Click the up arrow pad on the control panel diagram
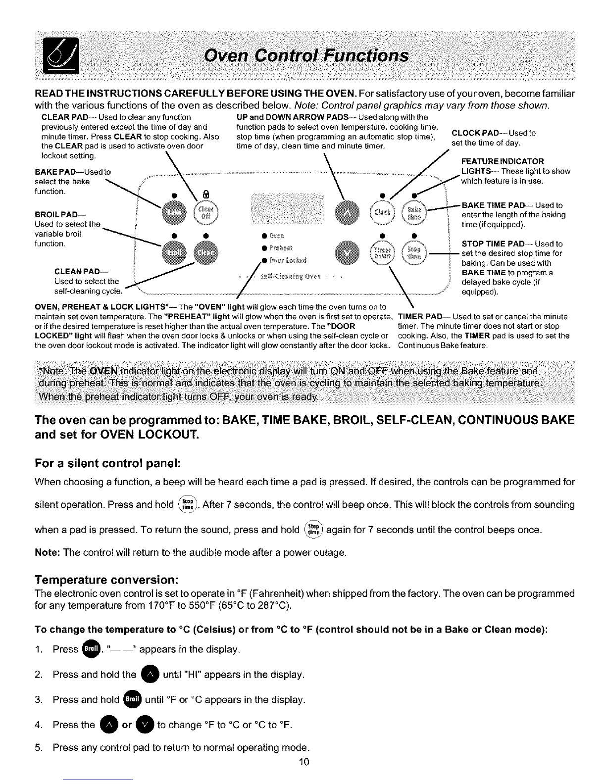tap(345, 212)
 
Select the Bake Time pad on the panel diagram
tap(414, 213)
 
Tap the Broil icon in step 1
tap(91, 648)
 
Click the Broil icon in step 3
tap(132, 699)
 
